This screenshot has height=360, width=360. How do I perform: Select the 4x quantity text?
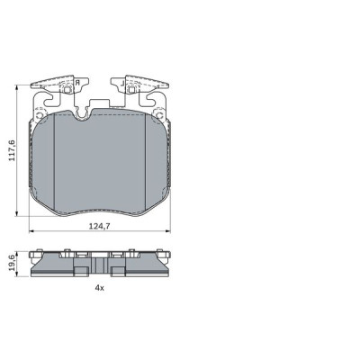(99, 288)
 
